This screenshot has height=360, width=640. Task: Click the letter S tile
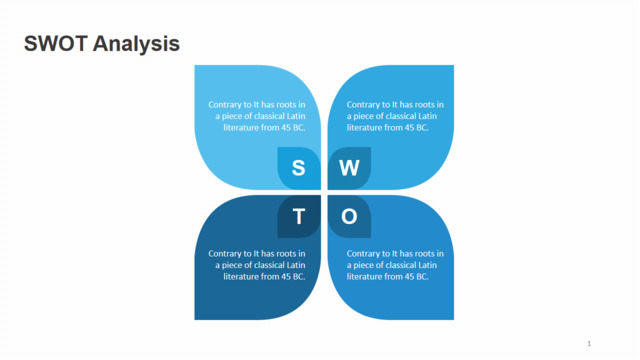point(298,168)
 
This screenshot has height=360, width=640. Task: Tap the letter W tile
point(349,168)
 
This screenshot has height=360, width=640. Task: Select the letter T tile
point(298,216)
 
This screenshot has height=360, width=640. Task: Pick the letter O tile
point(349,216)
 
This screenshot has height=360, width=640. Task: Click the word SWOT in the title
point(55,43)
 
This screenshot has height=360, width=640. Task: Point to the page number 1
point(589,344)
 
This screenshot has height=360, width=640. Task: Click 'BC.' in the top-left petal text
point(298,127)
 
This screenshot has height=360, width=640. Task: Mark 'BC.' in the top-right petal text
point(421,127)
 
